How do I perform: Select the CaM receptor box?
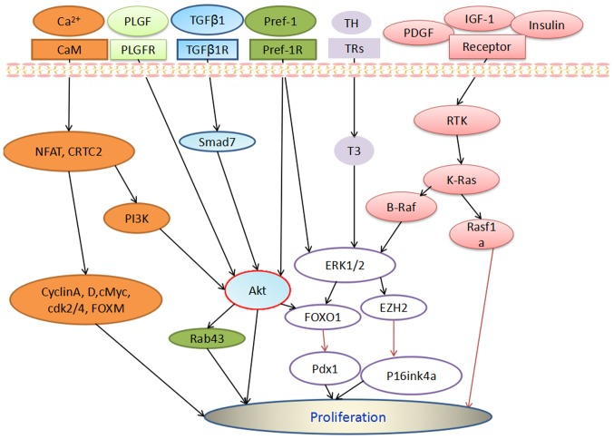[x=63, y=49]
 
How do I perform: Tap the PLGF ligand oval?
[x=137, y=19]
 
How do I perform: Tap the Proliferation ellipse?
[x=348, y=418]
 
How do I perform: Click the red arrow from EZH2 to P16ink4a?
[x=394, y=338]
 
